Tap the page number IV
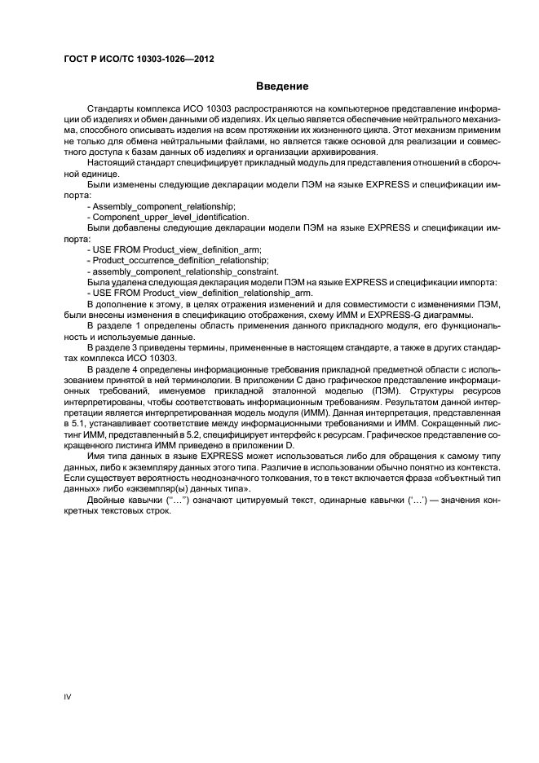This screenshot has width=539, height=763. pos(68,696)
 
